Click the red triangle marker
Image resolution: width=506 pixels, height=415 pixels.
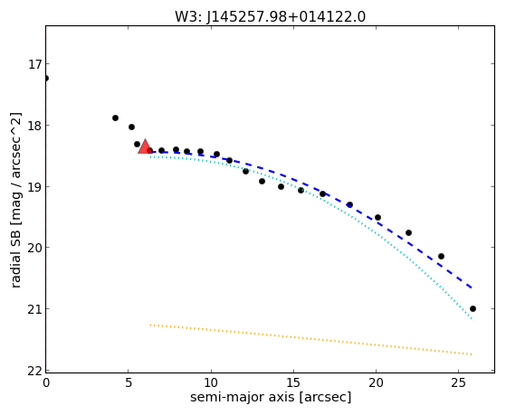coord(145,146)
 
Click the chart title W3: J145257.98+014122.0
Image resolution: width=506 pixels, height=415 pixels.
coord(270,17)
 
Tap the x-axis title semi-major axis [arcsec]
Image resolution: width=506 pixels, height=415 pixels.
coord(271,397)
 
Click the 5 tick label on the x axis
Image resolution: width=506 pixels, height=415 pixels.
coord(129,382)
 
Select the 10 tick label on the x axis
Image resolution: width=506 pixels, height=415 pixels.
coord(211,382)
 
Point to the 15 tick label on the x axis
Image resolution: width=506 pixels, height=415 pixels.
coord(293,382)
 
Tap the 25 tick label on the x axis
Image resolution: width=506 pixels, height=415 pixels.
coord(458,382)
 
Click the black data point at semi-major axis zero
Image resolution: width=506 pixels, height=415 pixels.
coord(46,79)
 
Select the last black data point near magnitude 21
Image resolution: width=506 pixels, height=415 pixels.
coord(473,309)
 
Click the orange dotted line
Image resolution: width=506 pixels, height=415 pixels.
coord(310,340)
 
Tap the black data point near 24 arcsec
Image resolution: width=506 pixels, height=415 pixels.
coord(441,257)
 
